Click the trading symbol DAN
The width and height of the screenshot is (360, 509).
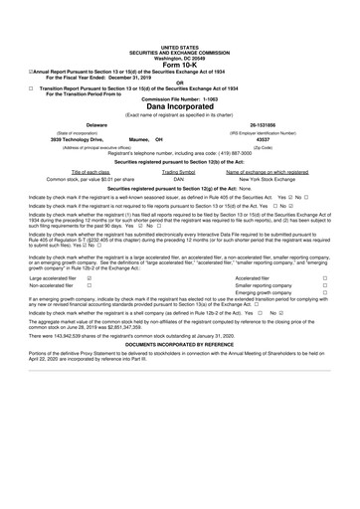[x=180, y=178]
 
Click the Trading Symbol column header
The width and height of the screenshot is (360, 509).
[x=180, y=171]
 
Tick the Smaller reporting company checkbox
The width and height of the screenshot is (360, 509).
[x=325, y=286]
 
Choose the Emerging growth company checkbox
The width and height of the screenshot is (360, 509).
[x=325, y=294]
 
